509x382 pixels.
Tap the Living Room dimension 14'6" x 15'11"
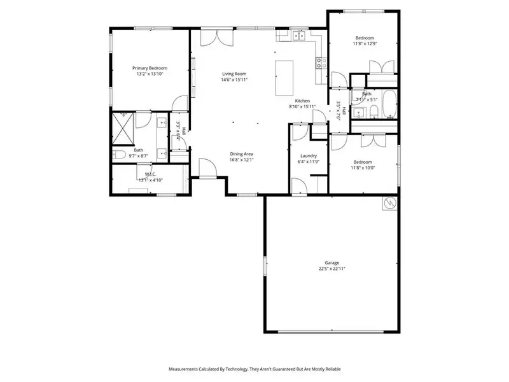[x=234, y=80]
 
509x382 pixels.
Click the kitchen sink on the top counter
[x=297, y=38]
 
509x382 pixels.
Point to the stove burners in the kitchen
[x=322, y=62]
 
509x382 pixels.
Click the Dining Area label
[x=242, y=153]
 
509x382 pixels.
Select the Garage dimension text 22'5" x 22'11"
[x=331, y=269]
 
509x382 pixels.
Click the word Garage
[x=331, y=262]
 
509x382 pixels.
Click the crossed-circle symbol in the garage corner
[x=389, y=204]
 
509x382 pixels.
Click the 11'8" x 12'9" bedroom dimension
[x=365, y=44]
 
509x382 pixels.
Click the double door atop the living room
[x=214, y=38]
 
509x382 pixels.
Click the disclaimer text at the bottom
[x=254, y=369]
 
